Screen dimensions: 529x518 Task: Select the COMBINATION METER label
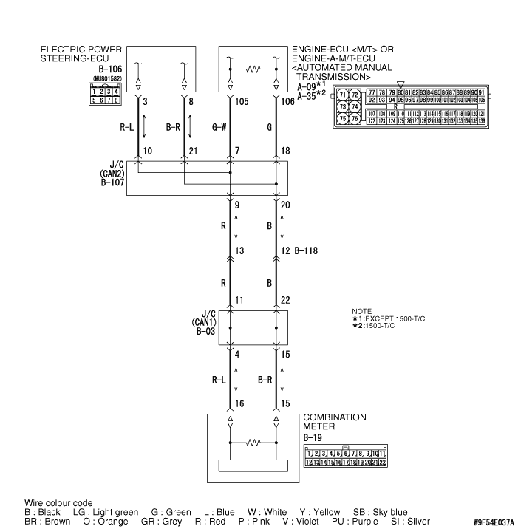(335, 422)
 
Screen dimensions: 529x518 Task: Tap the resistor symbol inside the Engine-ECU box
(253, 71)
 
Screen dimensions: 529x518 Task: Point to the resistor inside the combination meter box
(253, 444)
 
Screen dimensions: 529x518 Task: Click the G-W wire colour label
(218, 126)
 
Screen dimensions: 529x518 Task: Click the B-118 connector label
(307, 251)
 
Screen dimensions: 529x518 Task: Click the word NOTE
(362, 311)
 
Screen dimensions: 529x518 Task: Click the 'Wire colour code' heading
(58, 502)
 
